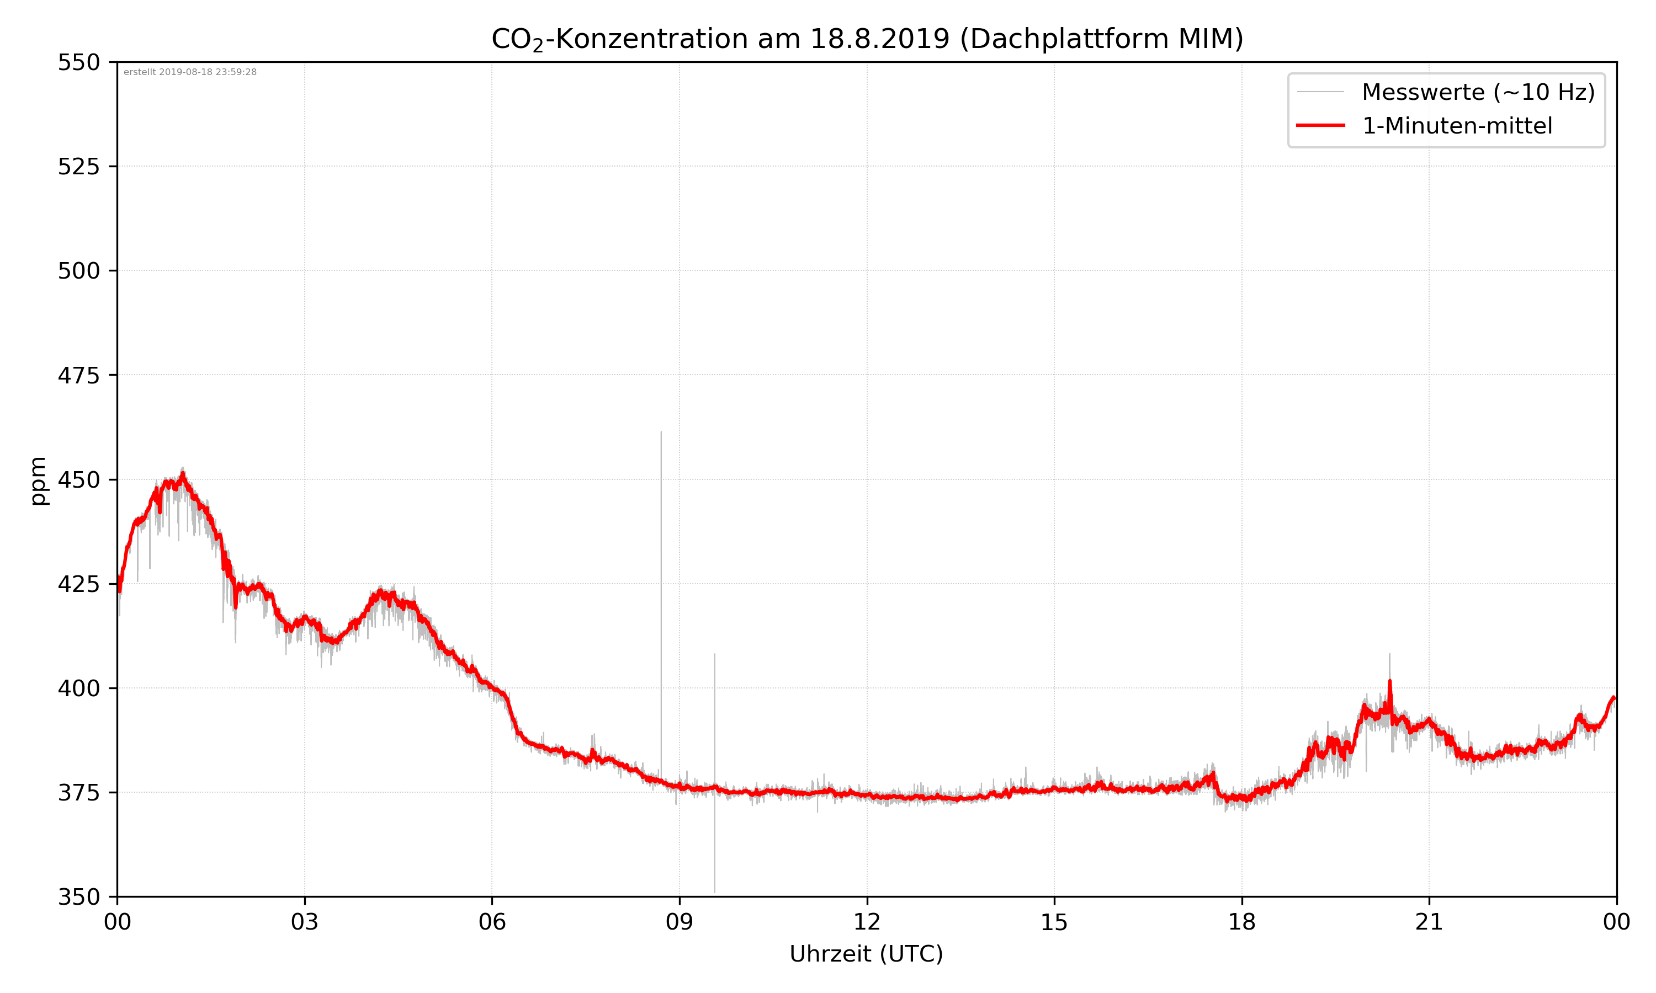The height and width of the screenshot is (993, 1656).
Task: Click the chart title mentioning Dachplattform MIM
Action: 867,39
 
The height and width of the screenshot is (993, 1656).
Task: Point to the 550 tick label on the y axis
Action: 78,63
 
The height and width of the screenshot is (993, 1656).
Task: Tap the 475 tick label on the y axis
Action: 78,375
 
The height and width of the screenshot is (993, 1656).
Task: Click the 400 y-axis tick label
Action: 78,688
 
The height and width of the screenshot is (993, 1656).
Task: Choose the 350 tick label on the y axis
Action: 78,896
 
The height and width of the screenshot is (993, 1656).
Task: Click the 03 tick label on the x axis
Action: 305,922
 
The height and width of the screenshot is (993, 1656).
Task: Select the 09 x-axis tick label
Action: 680,922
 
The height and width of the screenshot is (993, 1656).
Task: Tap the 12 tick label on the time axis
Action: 867,922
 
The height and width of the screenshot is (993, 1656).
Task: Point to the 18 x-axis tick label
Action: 1241,922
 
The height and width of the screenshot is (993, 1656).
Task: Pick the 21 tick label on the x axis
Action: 1429,922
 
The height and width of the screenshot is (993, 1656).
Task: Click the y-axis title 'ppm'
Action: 39,481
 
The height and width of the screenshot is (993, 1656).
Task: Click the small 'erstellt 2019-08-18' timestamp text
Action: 190,72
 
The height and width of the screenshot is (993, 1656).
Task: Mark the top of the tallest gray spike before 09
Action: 661,433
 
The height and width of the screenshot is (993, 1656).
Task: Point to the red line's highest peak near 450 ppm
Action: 183,474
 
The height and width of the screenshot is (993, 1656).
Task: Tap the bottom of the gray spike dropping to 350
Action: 714,891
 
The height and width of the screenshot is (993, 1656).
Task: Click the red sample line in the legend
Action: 1320,125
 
